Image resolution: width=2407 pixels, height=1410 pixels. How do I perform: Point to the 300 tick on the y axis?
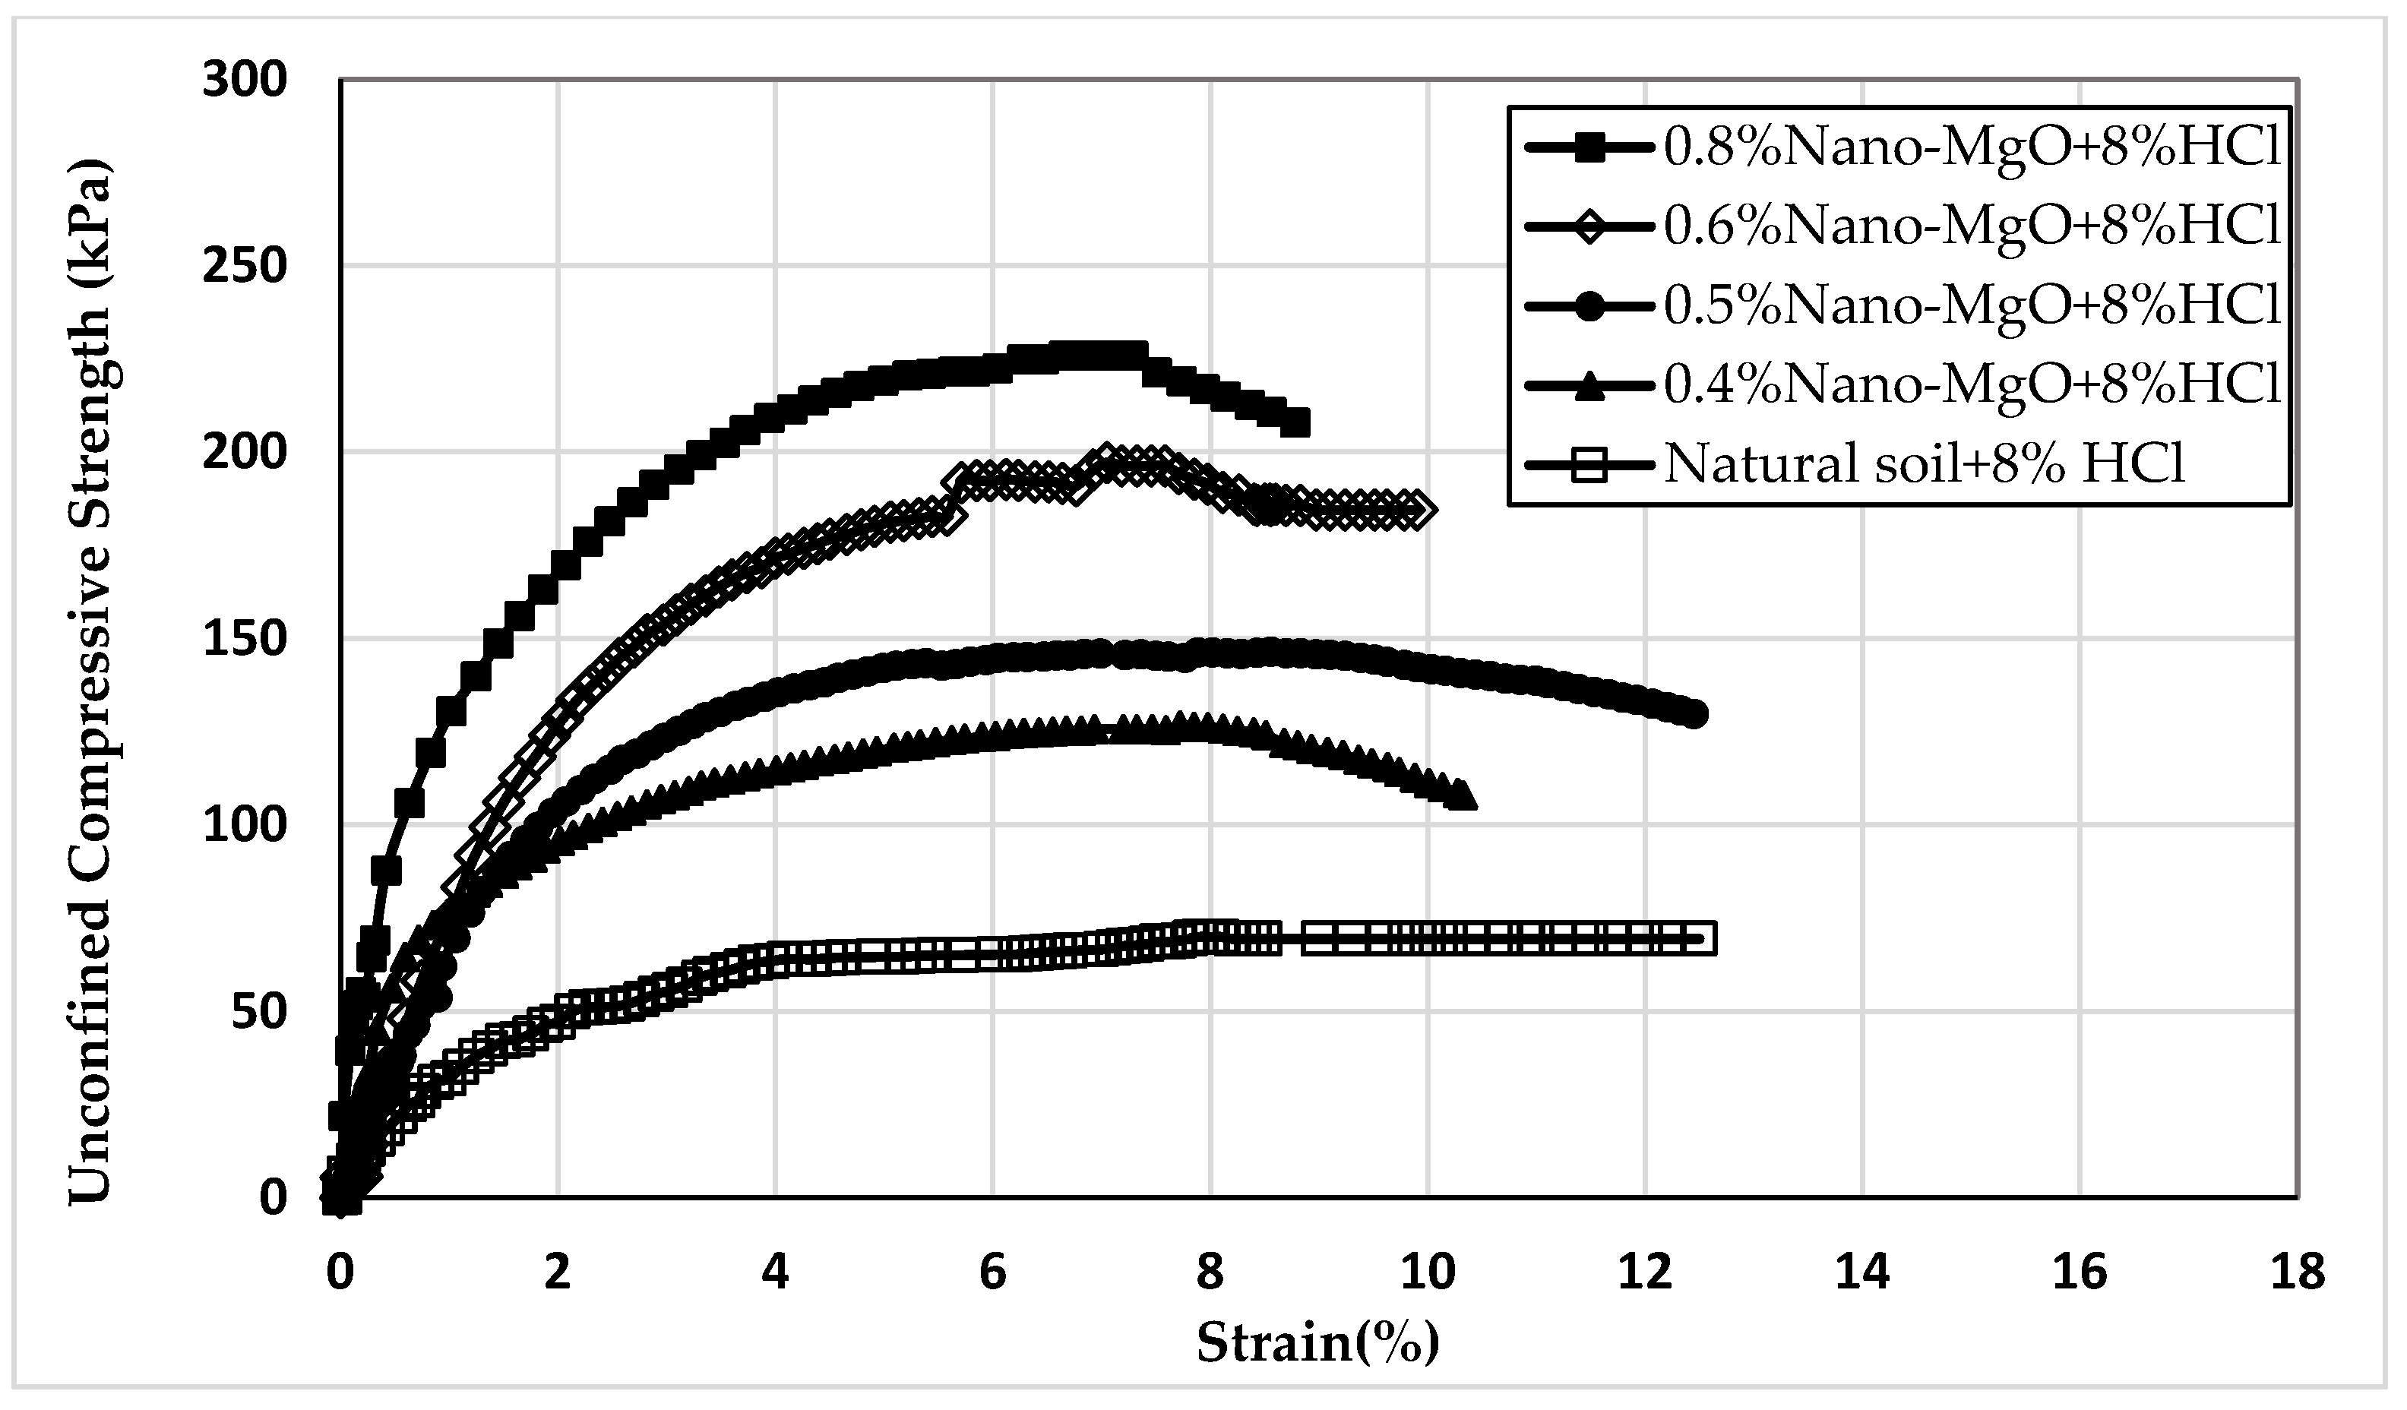[245, 81]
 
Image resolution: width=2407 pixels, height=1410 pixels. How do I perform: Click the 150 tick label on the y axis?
[245, 639]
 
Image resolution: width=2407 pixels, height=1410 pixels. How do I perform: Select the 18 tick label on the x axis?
[2297, 1273]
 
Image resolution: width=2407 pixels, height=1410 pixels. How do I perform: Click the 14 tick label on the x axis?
[1862, 1273]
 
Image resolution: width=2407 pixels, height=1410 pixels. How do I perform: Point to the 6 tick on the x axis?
[993, 1273]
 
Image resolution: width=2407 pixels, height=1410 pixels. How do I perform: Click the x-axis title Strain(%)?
[1318, 1343]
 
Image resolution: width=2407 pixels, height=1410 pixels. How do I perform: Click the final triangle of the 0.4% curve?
[1460, 795]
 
